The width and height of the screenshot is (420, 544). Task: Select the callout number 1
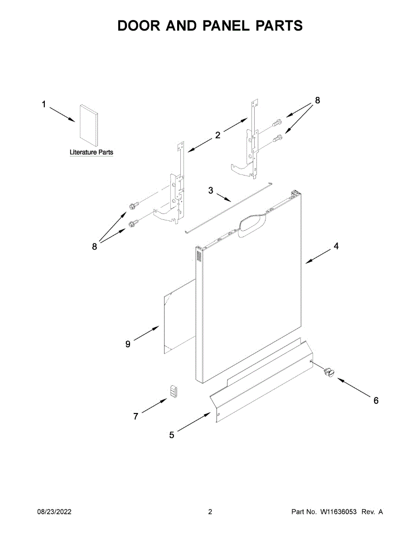44,105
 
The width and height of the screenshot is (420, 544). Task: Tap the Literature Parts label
91,152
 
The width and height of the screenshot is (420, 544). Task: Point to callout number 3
211,190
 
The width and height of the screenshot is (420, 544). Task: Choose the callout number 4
336,246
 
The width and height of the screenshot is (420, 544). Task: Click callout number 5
172,435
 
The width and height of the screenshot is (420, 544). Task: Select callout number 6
376,401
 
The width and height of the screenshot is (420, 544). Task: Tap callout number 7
136,416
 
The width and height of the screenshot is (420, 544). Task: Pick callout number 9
128,345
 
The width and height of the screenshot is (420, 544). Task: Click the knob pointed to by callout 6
328,372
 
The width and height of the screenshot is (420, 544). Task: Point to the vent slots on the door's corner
198,256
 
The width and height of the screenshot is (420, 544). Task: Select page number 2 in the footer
210,512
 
